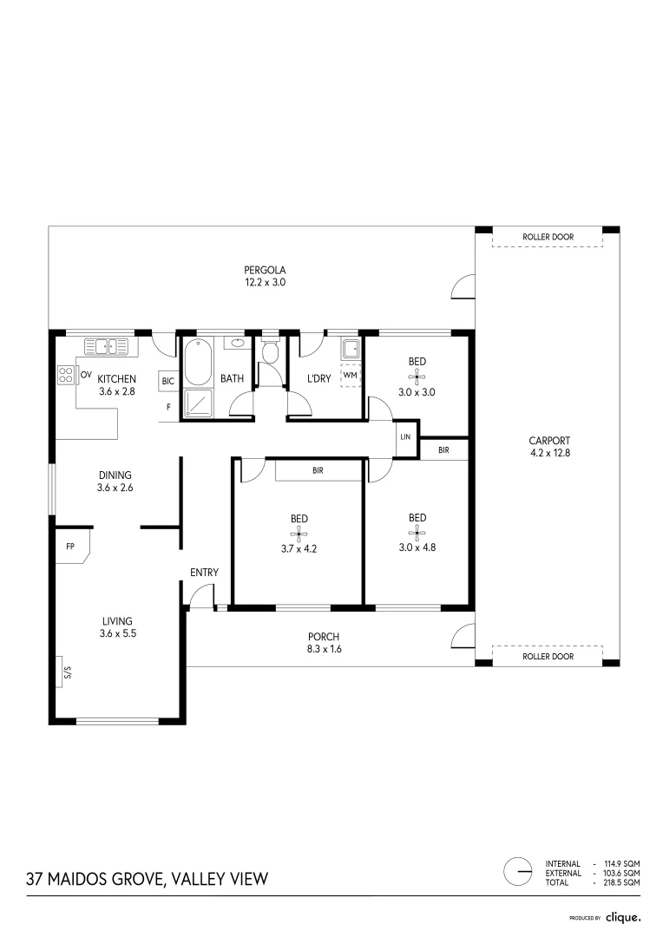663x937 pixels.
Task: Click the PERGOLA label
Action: [x=265, y=270]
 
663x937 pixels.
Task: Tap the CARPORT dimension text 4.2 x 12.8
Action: [x=550, y=453]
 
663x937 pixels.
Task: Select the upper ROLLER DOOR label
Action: [x=548, y=237]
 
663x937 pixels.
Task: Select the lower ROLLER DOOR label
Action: [x=548, y=657]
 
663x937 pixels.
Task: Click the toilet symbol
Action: [x=271, y=351]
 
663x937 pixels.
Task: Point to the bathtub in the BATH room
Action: [x=198, y=362]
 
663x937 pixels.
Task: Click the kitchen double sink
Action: [x=107, y=346]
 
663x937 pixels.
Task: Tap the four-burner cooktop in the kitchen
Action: [x=66, y=375]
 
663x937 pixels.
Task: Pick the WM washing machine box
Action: [x=351, y=376]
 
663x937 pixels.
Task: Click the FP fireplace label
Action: [x=70, y=547]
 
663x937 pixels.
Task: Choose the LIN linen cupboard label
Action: [x=405, y=436]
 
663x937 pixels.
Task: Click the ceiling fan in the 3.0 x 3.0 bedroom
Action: [x=417, y=377]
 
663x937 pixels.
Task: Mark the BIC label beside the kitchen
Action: [x=168, y=381]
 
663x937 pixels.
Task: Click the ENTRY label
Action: [x=205, y=573]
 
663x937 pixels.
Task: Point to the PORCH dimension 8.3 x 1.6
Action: [x=324, y=649]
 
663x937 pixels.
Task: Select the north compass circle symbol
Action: [x=518, y=872]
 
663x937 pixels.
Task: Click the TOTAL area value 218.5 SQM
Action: [x=621, y=882]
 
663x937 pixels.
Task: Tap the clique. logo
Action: [x=623, y=917]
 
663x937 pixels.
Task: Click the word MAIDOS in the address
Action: [x=78, y=879]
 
